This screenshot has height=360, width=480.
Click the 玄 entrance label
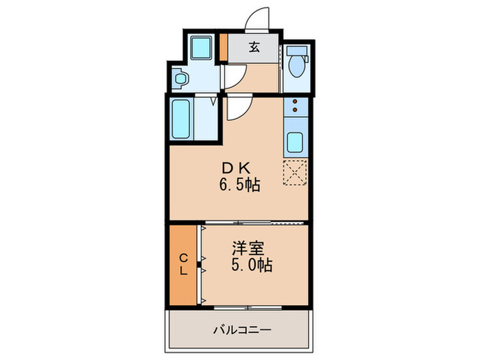point(254,47)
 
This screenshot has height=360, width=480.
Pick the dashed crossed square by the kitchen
point(296,173)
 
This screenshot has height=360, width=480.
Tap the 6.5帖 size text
point(239,184)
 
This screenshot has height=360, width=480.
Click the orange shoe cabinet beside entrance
point(224,47)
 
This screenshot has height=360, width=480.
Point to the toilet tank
point(296,52)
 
